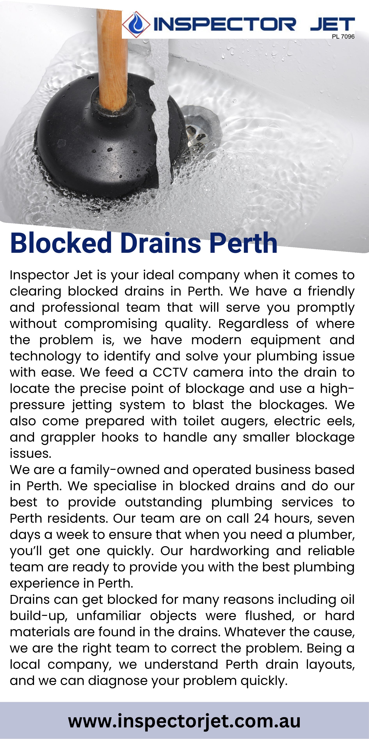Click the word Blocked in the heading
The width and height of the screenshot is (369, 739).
pos(61,243)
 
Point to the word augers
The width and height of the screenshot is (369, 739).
pos(244,421)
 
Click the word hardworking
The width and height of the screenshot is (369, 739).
pos(229,551)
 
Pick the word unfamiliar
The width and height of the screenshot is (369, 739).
pos(109,616)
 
